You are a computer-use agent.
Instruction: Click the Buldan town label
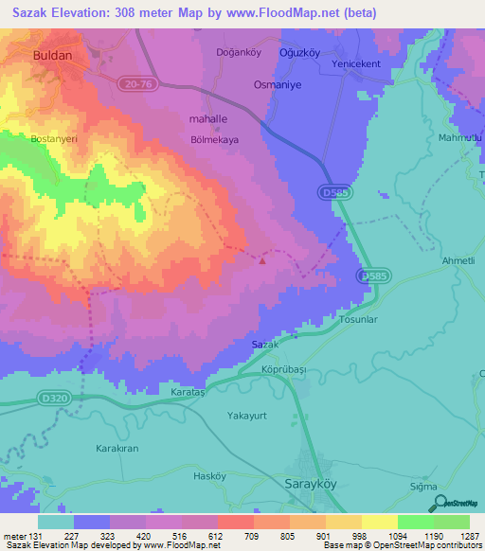click(x=52, y=56)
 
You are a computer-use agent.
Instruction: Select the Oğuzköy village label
click(x=298, y=52)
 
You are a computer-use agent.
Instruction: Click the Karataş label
click(x=186, y=392)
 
